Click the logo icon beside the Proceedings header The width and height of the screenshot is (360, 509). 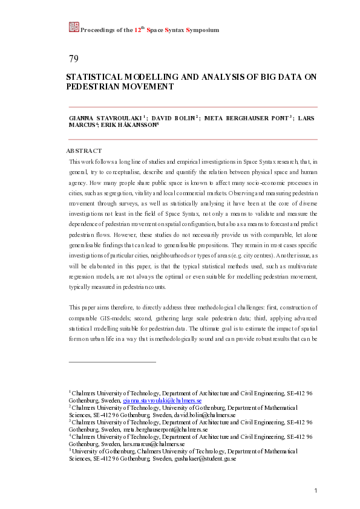(x=74, y=27)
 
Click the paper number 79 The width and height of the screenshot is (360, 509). (x=74, y=59)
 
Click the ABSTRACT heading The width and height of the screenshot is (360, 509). (x=83, y=151)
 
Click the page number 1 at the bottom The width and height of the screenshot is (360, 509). (x=315, y=490)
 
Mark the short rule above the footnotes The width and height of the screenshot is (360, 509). (x=113, y=361)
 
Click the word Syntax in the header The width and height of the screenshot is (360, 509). (x=171, y=30)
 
